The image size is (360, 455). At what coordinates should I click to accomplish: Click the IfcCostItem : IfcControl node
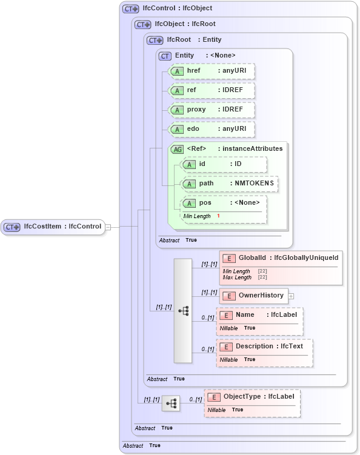(53, 227)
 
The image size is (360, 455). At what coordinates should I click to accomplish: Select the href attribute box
(212, 71)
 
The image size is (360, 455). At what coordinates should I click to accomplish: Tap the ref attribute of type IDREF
(212, 90)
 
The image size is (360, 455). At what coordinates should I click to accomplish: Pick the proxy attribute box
(212, 110)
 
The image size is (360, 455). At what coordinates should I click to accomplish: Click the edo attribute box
(212, 129)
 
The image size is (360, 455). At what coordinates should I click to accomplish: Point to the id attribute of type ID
(224, 164)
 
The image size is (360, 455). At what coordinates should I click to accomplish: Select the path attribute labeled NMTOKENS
(230, 184)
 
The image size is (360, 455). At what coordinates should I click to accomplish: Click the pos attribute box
(224, 203)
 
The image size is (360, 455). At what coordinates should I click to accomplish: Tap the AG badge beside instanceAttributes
(177, 149)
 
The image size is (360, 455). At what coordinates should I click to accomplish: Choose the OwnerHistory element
(254, 296)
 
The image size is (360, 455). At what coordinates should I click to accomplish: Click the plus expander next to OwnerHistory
(292, 296)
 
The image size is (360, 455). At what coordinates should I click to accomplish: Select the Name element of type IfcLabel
(259, 315)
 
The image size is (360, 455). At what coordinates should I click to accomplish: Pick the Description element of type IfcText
(264, 347)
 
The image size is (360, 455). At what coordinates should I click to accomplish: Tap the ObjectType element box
(252, 397)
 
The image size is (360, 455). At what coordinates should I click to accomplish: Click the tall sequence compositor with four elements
(183, 311)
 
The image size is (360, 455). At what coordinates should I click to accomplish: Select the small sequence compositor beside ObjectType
(171, 403)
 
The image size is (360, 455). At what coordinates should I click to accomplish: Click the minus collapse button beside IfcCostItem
(108, 227)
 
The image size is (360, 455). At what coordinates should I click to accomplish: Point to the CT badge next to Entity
(165, 56)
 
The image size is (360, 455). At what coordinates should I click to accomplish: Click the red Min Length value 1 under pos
(218, 216)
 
